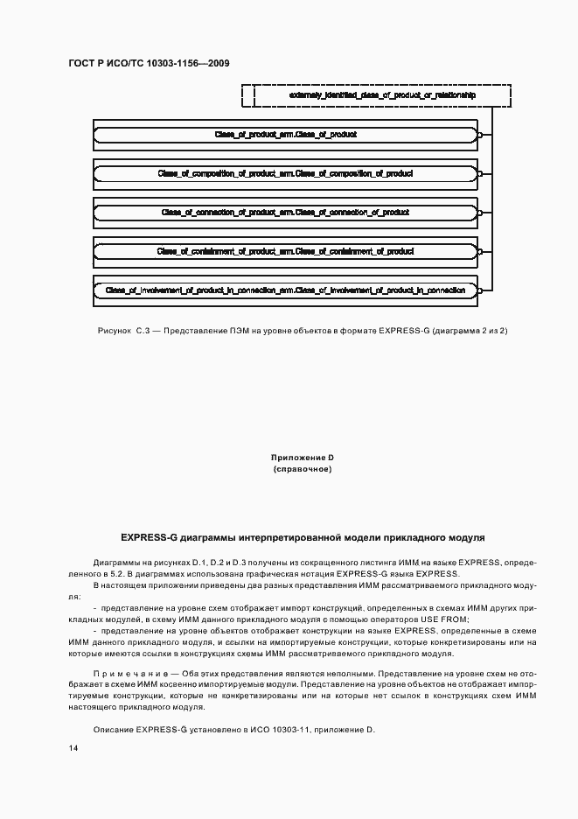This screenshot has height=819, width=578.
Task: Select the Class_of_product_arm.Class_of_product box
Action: [x=285, y=136]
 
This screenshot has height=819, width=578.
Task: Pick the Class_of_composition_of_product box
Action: [x=285, y=174]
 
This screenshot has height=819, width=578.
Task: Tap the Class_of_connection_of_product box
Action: [x=285, y=213]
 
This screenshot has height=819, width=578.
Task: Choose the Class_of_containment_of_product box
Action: [x=285, y=252]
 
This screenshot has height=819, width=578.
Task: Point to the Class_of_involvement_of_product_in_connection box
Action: [x=285, y=290]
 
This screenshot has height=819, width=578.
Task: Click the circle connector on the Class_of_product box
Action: [x=479, y=136]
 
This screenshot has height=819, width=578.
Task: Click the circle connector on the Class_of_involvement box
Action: [x=479, y=290]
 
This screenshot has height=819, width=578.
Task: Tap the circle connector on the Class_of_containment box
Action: [x=479, y=252]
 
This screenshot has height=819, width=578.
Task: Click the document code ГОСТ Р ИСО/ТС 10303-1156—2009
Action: [x=148, y=63]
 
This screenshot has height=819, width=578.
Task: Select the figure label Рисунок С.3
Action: [x=126, y=331]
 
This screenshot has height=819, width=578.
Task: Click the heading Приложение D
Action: [x=303, y=458]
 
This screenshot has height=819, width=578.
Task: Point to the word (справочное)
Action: [x=303, y=470]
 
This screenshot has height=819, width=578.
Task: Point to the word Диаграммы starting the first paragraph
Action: [x=115, y=561]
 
